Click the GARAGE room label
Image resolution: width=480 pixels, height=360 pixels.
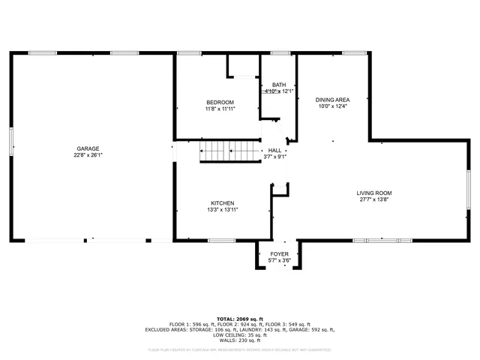coord(87,148)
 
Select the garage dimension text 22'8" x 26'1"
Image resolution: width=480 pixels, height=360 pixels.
coord(87,156)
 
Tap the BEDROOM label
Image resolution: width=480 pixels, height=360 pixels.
coord(220,102)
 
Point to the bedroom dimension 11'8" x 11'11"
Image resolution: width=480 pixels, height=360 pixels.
coord(220,109)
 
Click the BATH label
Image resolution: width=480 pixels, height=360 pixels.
coord(279,85)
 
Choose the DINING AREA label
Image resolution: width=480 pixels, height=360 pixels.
coord(332,99)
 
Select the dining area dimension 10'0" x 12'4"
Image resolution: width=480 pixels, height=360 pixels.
coord(332,106)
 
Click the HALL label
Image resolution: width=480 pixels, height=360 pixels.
coord(275,150)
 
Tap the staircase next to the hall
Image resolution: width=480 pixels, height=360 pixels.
coord(229,152)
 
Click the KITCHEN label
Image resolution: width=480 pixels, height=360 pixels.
coord(223,203)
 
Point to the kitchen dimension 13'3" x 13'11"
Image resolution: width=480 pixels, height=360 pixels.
coord(223,211)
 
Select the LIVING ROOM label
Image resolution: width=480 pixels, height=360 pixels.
coord(373,193)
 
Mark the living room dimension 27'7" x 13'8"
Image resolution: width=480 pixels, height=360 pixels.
coord(373,200)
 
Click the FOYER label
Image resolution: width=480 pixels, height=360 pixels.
coord(279,254)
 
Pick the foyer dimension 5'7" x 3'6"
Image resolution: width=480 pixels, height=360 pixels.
coord(279,261)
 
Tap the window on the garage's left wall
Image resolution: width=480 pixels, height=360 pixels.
coord(11,141)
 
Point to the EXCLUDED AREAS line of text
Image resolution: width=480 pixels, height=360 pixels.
coord(240,329)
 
